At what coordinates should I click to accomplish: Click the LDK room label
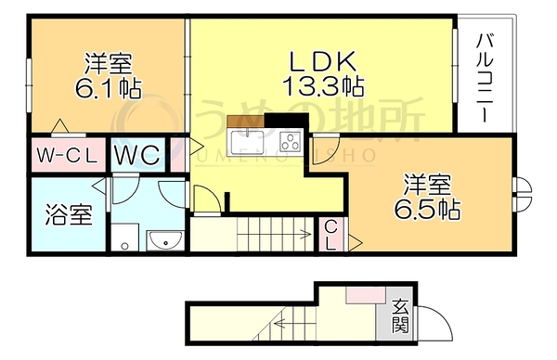(322, 61)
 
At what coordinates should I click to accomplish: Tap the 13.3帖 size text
(323, 86)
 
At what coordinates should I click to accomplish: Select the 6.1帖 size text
(109, 88)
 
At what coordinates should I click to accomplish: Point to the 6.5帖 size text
(427, 210)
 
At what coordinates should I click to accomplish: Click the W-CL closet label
(67, 155)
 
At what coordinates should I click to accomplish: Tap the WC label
(137, 155)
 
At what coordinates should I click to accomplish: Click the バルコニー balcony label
(485, 78)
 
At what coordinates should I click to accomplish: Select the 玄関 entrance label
(400, 316)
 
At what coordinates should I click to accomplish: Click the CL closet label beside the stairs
(330, 235)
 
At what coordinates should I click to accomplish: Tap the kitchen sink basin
(247, 141)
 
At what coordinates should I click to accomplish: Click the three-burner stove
(291, 141)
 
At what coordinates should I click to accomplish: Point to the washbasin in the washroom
(165, 240)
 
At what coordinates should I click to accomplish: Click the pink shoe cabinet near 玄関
(366, 295)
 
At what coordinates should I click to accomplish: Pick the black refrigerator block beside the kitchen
(286, 120)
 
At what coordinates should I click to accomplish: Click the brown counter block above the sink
(245, 121)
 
